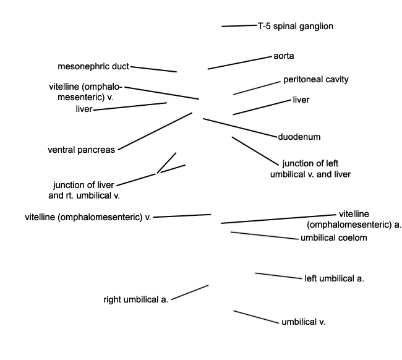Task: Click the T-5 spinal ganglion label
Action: coord(296,26)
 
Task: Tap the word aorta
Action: coord(283,56)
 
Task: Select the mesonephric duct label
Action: coord(93,66)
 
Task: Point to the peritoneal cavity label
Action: coord(316,80)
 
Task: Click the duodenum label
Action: coord(299,137)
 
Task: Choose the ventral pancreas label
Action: coord(81,150)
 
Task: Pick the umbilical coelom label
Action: coord(334,238)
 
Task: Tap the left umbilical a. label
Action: coord(335,278)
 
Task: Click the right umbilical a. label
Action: coord(136,299)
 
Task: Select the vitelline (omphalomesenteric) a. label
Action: coord(354,219)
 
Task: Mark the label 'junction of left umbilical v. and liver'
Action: coord(310,169)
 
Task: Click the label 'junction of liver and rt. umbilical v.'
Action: coord(84,190)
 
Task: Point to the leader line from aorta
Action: coord(239,63)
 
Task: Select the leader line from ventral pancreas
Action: coord(155,131)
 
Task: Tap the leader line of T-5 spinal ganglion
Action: coord(239,25)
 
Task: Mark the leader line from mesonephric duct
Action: coord(153,69)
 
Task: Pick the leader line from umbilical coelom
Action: coord(265,236)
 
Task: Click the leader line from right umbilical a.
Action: coord(190,293)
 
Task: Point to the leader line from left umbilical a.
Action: coord(278,276)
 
